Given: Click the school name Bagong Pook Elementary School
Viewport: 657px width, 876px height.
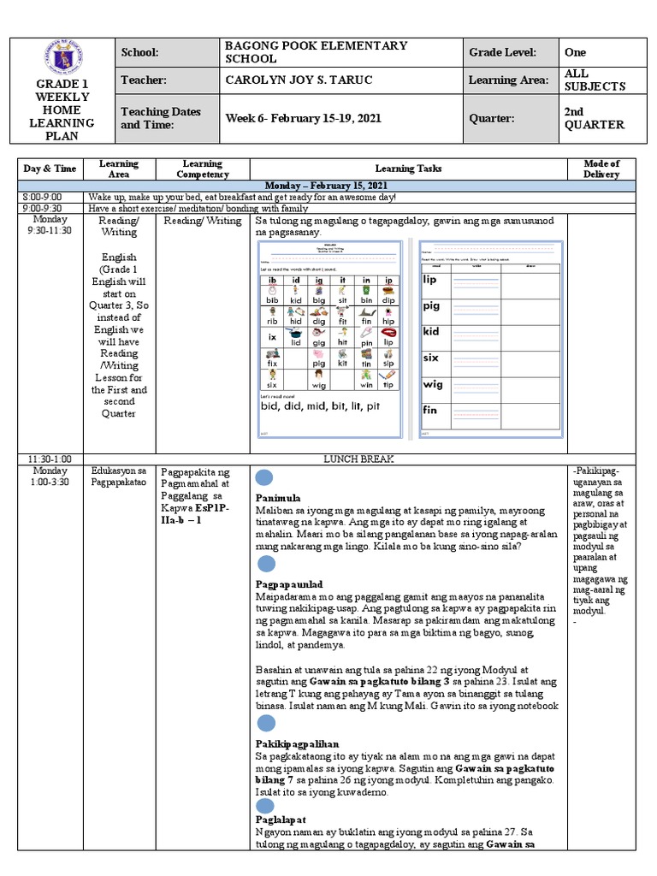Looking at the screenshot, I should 315,51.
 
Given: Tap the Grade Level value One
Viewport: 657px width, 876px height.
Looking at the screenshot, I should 575,52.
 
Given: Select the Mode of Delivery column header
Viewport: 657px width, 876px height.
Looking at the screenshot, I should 601,169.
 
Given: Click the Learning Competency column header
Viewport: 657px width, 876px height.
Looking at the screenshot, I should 204,169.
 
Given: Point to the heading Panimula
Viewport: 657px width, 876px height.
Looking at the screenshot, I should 279,497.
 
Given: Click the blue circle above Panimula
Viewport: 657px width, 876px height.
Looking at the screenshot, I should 264,477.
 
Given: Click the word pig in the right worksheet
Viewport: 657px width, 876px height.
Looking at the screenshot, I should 432,305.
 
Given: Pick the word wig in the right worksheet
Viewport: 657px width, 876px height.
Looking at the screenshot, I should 432,384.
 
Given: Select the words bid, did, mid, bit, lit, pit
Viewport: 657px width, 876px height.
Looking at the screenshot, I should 322,407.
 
